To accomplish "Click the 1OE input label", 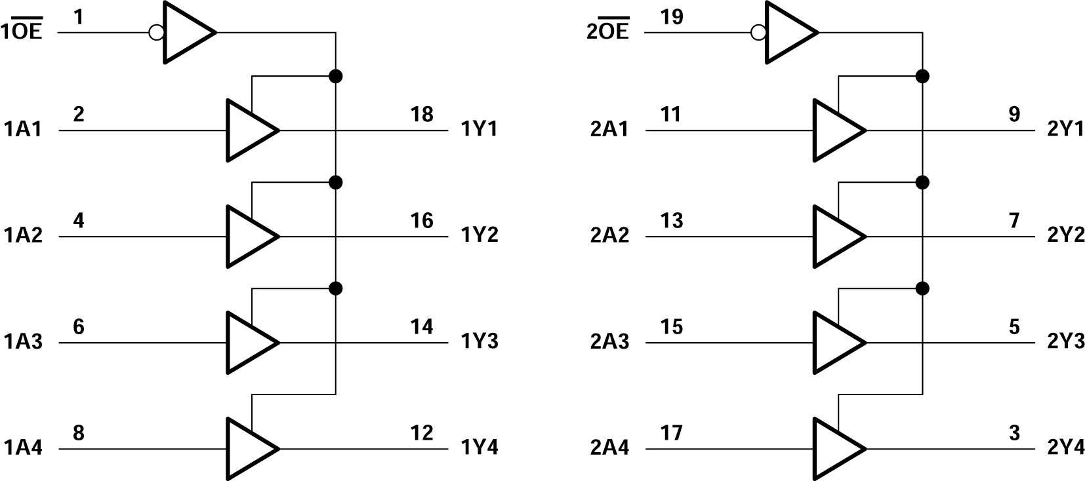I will click(22, 31).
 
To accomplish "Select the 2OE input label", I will click(607, 31).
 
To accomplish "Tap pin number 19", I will click(672, 17).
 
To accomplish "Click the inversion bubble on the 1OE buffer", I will click(156, 32).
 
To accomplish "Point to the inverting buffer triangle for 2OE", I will click(788, 32).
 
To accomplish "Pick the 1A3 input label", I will click(23, 341).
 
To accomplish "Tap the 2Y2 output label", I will click(1066, 235).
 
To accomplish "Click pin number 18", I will click(422, 115).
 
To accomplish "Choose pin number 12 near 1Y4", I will click(422, 433).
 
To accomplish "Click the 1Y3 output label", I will click(480, 341).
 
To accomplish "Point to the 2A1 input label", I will click(609, 129).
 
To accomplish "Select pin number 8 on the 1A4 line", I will click(78, 433).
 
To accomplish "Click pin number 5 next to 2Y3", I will click(1014, 327).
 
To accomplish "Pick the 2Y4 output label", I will click(1066, 448).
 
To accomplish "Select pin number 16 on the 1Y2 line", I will click(422, 221).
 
